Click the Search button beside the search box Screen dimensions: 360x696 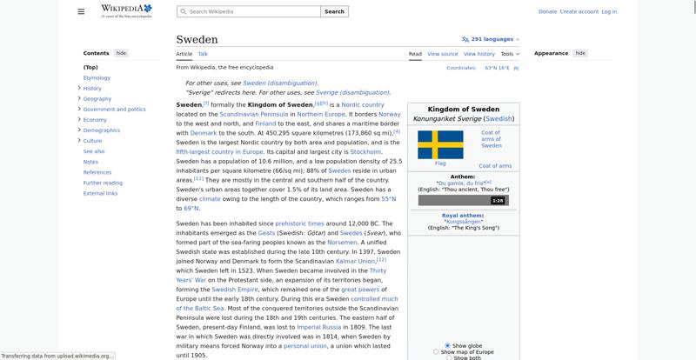pyautogui.click(x=334, y=11)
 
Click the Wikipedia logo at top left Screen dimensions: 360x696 pyautogui.click(x=126, y=10)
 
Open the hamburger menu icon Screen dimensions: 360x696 pyautogui.click(x=81, y=11)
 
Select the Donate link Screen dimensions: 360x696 pyautogui.click(x=547, y=11)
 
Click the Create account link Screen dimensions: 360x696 pyautogui.click(x=579, y=11)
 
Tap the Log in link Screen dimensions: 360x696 pyautogui.click(x=609, y=11)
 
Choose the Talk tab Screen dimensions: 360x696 pyautogui.click(x=203, y=54)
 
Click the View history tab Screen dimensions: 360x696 pyautogui.click(x=478, y=54)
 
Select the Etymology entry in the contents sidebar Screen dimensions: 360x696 pyautogui.click(x=97, y=78)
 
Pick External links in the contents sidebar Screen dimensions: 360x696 pyautogui.click(x=101, y=193)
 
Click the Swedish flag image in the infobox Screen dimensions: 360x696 pyautogui.click(x=440, y=144)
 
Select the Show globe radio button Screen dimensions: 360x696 pyautogui.click(x=447, y=345)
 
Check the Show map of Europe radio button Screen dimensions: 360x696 pyautogui.click(x=436, y=352)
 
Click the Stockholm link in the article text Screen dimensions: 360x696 pyautogui.click(x=365, y=151)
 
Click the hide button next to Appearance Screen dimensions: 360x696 pyautogui.click(x=580, y=53)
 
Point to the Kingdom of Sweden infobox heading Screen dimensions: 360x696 pyautogui.click(x=464, y=110)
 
